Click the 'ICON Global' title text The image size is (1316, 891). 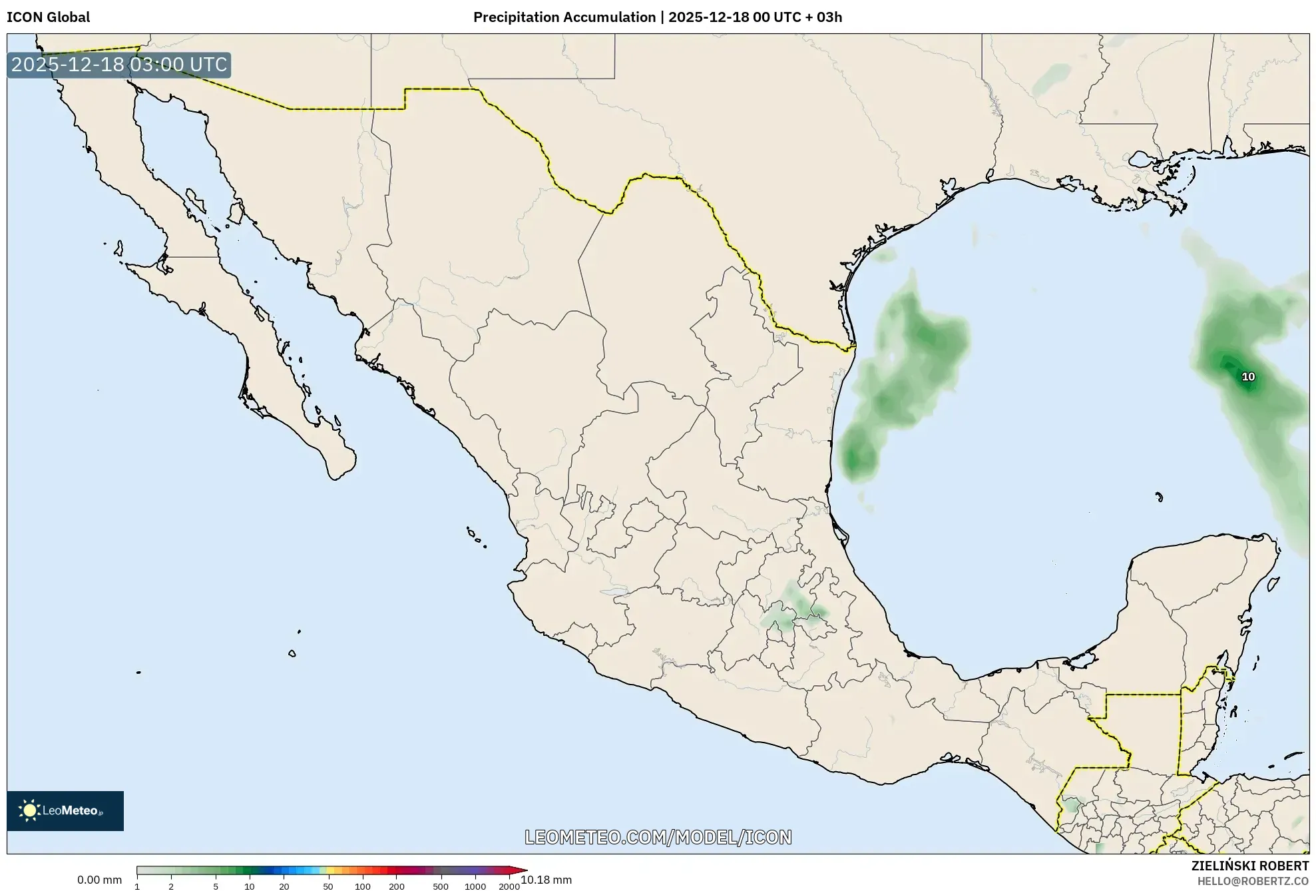pyautogui.click(x=48, y=17)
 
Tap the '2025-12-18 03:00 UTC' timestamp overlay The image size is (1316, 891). pyautogui.click(x=119, y=65)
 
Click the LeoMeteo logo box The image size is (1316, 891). pyautogui.click(x=65, y=810)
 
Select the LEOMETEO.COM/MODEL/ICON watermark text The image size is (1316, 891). pyautogui.click(x=658, y=837)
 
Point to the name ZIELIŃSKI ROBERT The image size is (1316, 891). pyautogui.click(x=1249, y=866)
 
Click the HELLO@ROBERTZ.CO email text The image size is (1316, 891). pyautogui.click(x=1253, y=881)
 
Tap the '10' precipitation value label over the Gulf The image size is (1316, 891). pyautogui.click(x=1248, y=377)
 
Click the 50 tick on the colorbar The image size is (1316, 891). pyautogui.click(x=328, y=886)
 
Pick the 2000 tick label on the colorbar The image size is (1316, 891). pyautogui.click(x=509, y=886)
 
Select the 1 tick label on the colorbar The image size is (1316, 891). pyautogui.click(x=137, y=886)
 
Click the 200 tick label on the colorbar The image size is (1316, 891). pyautogui.click(x=397, y=886)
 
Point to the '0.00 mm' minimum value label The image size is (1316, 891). pyautogui.click(x=99, y=880)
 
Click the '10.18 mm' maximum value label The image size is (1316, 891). pyautogui.click(x=546, y=880)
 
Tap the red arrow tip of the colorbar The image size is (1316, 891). pyautogui.click(x=523, y=870)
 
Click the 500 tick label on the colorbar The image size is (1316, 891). pyautogui.click(x=441, y=886)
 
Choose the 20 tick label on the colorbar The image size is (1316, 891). pyautogui.click(x=284, y=886)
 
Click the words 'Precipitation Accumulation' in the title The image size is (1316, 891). pyautogui.click(x=564, y=17)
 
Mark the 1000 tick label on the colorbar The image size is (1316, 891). pyautogui.click(x=475, y=886)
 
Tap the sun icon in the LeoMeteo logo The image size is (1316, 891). pyautogui.click(x=29, y=810)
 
